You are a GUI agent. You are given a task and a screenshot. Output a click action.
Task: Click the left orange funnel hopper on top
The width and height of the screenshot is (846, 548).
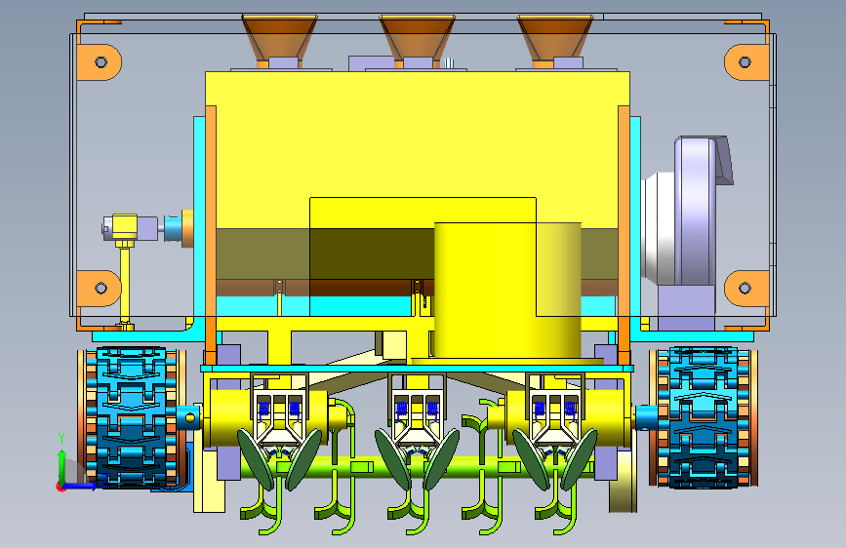(x=279, y=37)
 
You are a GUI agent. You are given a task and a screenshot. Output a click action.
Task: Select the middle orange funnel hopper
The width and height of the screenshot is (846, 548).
(x=417, y=37)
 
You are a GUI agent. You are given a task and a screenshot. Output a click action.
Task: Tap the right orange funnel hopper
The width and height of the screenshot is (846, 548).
(x=554, y=37)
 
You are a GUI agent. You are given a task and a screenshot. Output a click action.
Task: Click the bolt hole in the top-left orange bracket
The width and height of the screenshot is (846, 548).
(x=101, y=62)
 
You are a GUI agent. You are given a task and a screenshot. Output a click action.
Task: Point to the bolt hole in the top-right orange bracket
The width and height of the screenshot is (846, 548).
(x=745, y=62)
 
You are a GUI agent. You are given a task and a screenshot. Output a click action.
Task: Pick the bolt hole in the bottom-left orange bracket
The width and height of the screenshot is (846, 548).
(x=101, y=288)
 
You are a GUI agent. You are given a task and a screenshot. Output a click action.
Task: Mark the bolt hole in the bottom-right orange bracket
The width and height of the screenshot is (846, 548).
(x=745, y=288)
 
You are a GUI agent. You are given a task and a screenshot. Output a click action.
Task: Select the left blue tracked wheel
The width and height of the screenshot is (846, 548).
(x=133, y=417)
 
